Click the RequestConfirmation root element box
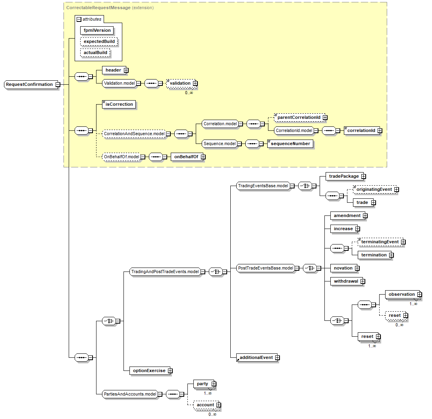coord(29,84)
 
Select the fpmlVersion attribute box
coord(97,30)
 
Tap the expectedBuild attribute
coord(99,41)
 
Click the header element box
coord(113,70)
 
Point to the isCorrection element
coord(119,104)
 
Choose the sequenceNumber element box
coord(290,144)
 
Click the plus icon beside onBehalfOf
coord(203,157)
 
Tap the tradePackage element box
coord(344,176)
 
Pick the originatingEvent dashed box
coord(374,190)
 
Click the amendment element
coord(347,215)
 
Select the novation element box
coord(343,268)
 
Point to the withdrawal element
coord(346,281)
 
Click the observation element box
coord(401,294)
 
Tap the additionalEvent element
coord(256,357)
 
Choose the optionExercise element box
coord(149,371)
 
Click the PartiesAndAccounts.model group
coord(130,394)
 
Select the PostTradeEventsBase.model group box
coord(265,268)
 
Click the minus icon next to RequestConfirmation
coord(58,84)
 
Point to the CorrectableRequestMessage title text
coord(98,8)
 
